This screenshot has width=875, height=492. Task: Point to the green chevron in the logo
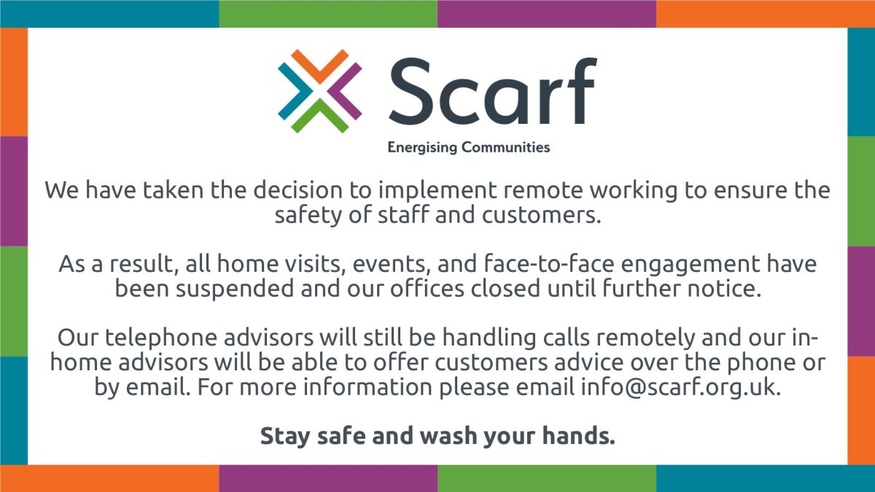coord(319,117)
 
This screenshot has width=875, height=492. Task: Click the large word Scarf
coord(493,91)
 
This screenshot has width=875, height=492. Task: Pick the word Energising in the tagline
coord(422,147)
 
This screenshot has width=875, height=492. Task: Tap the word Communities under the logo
coord(506,147)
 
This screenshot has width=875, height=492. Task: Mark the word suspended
coord(234,289)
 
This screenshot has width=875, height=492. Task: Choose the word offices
coord(427,288)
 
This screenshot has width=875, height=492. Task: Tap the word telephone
coord(161,337)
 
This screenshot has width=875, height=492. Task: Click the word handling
coord(489,338)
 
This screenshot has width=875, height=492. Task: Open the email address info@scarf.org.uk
coord(680,387)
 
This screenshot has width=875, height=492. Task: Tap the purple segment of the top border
coord(547,14)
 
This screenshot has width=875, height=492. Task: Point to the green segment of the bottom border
coord(547,478)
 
